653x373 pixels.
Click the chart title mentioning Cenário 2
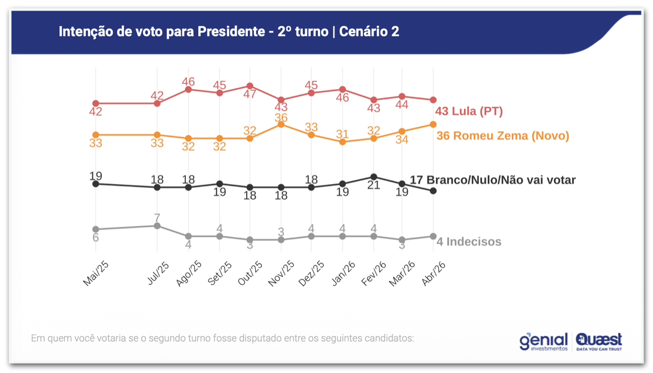click(229, 32)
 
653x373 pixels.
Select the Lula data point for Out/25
click(250, 86)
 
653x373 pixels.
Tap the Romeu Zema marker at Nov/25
click(281, 125)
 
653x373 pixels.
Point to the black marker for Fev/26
click(374, 177)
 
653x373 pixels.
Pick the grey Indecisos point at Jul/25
click(157, 226)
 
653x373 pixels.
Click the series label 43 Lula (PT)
click(469, 111)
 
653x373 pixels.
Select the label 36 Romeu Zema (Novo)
click(503, 136)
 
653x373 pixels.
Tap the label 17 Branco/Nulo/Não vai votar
click(492, 180)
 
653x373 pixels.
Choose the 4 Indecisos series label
click(469, 242)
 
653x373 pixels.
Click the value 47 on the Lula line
click(250, 95)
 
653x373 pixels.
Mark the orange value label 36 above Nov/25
click(281, 118)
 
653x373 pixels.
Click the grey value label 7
click(157, 217)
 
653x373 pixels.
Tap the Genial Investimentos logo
click(544, 341)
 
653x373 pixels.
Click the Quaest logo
click(599, 341)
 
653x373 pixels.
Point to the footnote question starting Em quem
click(223, 338)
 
